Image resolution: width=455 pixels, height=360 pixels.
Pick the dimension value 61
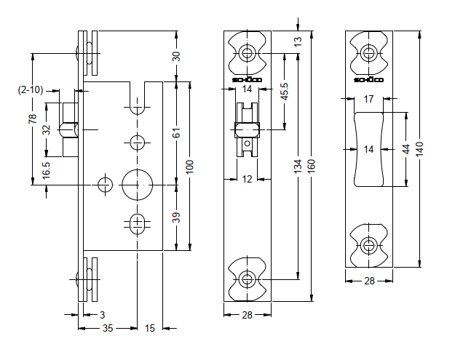tap(176, 133)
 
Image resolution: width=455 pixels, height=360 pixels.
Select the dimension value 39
tap(176, 217)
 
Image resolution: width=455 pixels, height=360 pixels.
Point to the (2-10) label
tap(31, 89)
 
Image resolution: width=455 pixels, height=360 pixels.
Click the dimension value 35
tap(108, 329)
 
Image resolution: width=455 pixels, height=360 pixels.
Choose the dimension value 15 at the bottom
tap(149, 329)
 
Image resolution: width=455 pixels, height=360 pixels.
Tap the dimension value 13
tap(297, 41)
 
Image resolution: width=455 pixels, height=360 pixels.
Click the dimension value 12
tap(248, 179)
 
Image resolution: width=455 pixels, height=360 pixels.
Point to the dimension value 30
tap(176, 57)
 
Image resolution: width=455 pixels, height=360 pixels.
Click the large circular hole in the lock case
tap(137, 184)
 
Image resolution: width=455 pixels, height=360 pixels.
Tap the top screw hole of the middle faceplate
tap(248, 53)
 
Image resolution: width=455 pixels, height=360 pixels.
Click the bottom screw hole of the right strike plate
tap(368, 245)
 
